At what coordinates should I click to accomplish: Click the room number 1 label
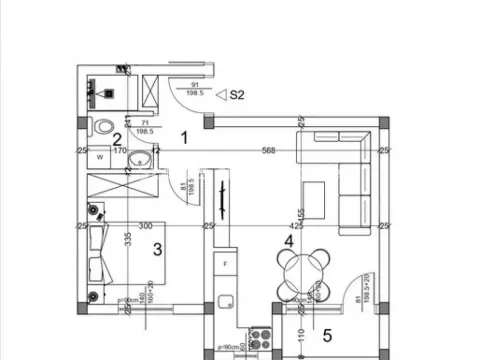coord(184,137)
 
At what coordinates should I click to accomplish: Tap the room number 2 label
coord(117,141)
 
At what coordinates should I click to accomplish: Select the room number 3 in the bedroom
coord(157,249)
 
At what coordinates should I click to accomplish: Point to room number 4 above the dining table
coord(288,241)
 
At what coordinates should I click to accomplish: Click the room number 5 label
coord(327,334)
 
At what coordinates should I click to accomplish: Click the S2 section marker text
coord(237,96)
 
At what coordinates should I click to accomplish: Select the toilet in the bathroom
coord(105,127)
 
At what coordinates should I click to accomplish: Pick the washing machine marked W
coord(100,158)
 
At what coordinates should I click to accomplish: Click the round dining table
coord(299,270)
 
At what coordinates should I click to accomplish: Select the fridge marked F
coord(226,263)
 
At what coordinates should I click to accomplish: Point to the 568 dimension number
coord(267,152)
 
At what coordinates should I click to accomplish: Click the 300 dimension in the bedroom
coord(146,226)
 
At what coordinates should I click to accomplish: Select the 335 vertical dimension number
coord(129,241)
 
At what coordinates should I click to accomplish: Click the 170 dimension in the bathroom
coord(118,152)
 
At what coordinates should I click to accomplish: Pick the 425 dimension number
coord(296,226)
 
